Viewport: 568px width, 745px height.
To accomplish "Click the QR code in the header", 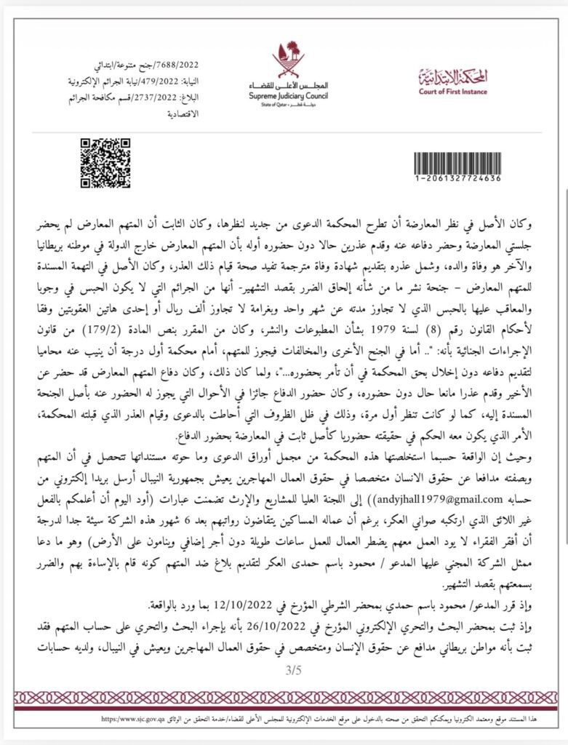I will (104, 158).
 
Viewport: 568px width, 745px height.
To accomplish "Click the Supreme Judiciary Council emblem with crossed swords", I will (284, 59).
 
